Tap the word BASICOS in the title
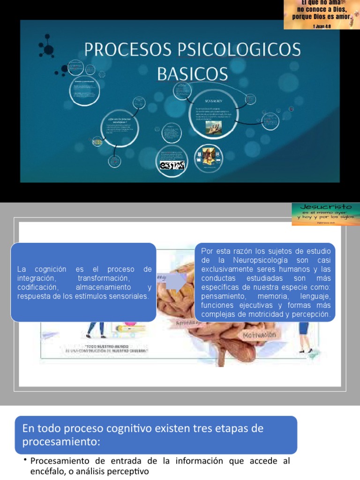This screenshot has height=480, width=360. click(x=192, y=74)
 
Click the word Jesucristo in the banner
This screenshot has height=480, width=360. click(x=325, y=207)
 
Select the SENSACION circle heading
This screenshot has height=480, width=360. click(x=214, y=101)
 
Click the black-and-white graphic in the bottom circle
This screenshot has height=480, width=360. click(x=172, y=165)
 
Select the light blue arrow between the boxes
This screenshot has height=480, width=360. click(x=177, y=281)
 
